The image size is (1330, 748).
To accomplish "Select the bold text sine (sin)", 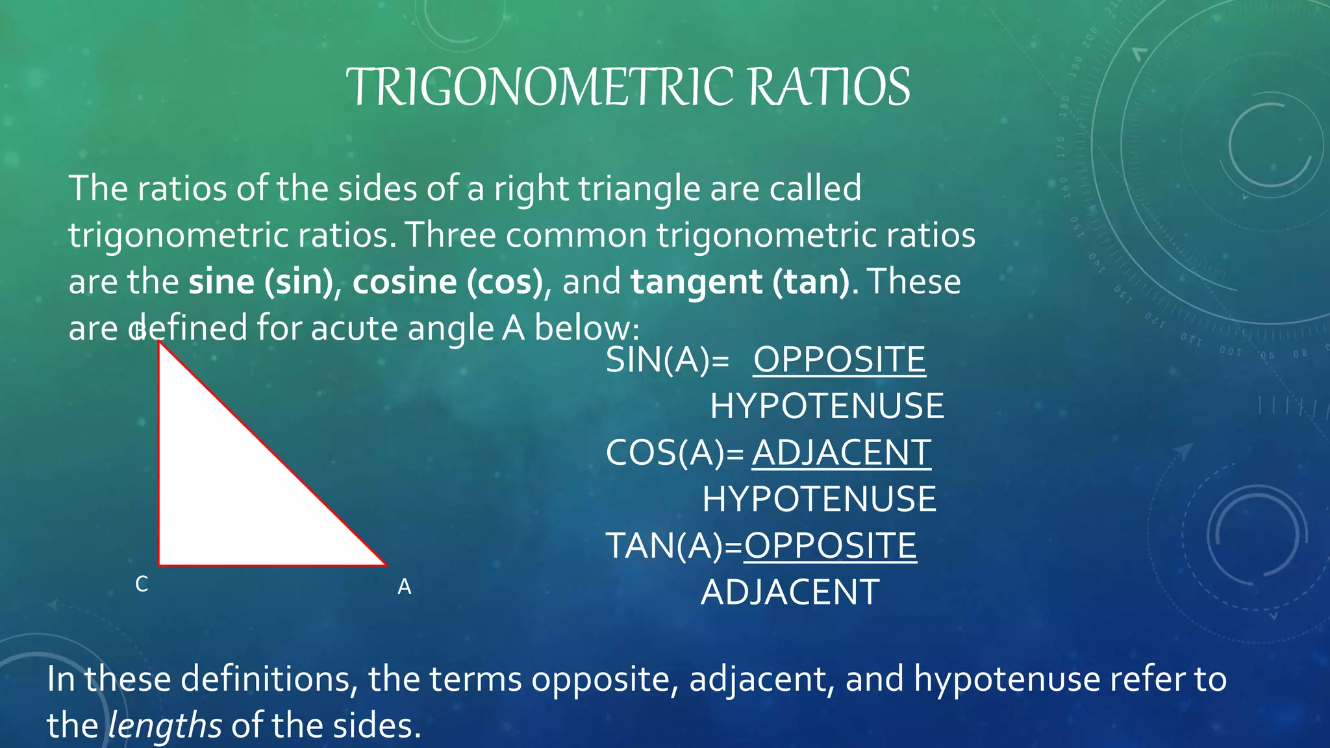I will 260,282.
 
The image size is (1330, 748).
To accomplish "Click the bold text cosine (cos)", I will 447,282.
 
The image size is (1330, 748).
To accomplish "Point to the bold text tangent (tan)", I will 740,282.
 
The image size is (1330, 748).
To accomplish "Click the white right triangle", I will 234,493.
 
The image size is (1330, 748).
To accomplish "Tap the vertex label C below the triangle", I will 142,584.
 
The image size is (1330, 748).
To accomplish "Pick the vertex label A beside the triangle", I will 404,587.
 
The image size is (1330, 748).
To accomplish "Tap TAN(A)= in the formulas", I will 673,545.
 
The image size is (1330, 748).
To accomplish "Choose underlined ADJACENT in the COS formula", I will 841,453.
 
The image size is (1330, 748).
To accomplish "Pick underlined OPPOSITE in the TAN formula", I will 830,545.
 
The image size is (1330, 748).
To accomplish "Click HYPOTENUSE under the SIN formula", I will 827,406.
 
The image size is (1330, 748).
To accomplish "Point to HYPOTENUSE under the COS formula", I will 819,499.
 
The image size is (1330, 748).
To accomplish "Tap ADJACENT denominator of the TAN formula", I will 790,592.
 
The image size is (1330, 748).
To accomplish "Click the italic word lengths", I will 165,725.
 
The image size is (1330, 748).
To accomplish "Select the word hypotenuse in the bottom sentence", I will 1007,679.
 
